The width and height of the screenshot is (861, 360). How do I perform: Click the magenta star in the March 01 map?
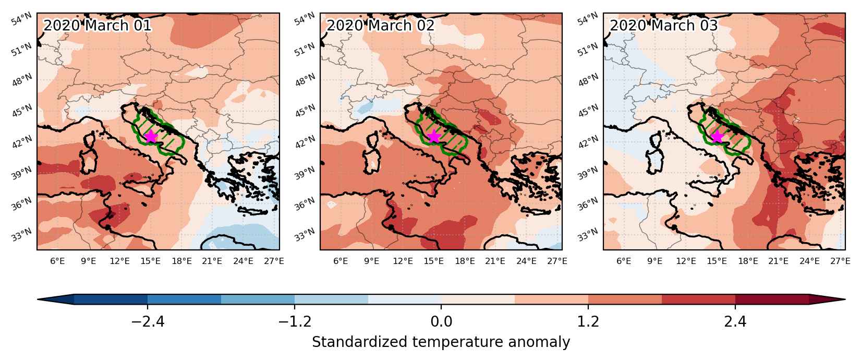[x=151, y=136]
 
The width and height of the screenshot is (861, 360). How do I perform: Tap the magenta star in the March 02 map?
[x=434, y=136]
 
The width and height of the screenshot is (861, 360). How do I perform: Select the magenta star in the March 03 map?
[x=717, y=136]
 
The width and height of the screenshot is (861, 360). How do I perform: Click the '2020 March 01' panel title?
[x=97, y=26]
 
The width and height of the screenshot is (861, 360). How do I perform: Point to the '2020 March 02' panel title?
[x=380, y=26]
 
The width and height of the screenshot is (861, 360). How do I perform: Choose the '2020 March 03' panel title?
[x=663, y=26]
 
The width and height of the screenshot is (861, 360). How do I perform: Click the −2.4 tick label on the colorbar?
[x=148, y=321]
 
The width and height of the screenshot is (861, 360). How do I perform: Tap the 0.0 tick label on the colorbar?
[x=441, y=321]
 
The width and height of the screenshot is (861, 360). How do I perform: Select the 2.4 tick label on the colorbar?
[x=735, y=321]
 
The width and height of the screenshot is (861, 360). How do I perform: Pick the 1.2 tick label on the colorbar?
[x=588, y=321]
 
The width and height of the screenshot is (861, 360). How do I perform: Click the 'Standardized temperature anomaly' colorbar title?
[x=441, y=342]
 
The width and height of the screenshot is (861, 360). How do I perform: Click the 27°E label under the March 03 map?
[x=840, y=261]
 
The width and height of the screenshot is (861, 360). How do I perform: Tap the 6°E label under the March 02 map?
[x=341, y=261]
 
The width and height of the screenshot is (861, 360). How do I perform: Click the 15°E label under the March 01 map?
[x=151, y=261]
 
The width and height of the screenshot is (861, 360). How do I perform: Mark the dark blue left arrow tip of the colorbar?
[x=38, y=299]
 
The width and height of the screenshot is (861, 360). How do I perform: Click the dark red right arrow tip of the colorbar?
[x=845, y=299]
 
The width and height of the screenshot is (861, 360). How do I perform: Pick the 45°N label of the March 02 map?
[x=305, y=111]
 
